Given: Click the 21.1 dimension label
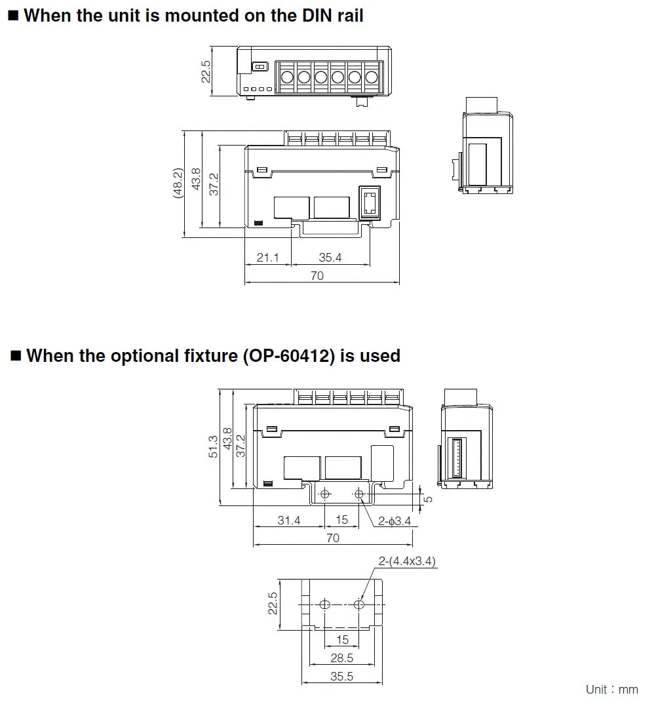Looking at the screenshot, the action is [267, 258].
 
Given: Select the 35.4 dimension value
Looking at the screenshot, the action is [330, 258].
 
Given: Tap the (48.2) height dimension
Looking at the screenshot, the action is [178, 183].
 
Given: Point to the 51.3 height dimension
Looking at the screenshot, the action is [213, 447].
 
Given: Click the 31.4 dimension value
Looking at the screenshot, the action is [289, 521].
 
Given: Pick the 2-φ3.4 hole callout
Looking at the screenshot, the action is [395, 521].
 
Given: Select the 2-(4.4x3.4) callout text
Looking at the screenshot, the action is [407, 561].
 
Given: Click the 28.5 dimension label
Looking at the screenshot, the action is [342, 658].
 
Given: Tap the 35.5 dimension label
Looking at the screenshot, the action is [342, 677].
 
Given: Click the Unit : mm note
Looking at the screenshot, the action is [612, 690].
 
